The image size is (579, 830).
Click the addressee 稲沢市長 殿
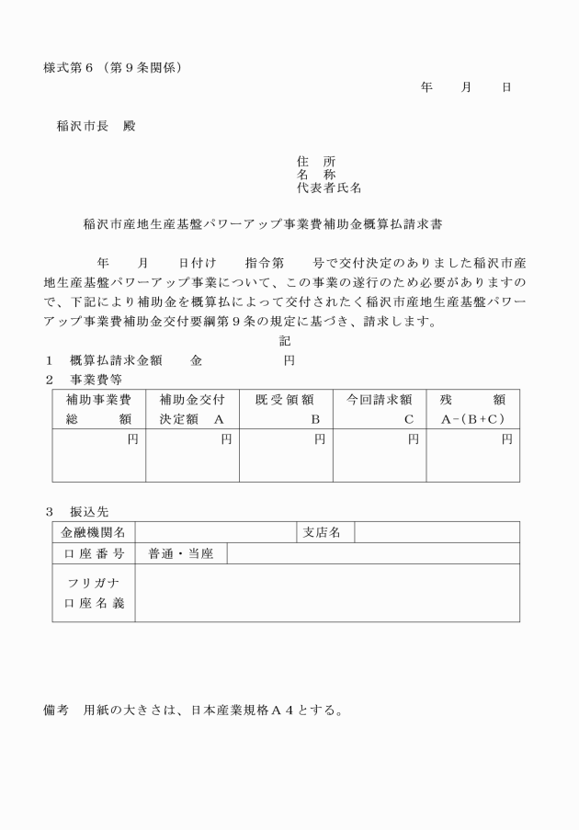[x=96, y=126]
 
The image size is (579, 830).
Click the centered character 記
[x=285, y=341]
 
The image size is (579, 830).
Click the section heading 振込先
[x=88, y=511]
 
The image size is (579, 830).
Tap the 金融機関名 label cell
[x=94, y=532]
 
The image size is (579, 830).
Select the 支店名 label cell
[x=322, y=532]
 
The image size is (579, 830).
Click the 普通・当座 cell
[x=180, y=554]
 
